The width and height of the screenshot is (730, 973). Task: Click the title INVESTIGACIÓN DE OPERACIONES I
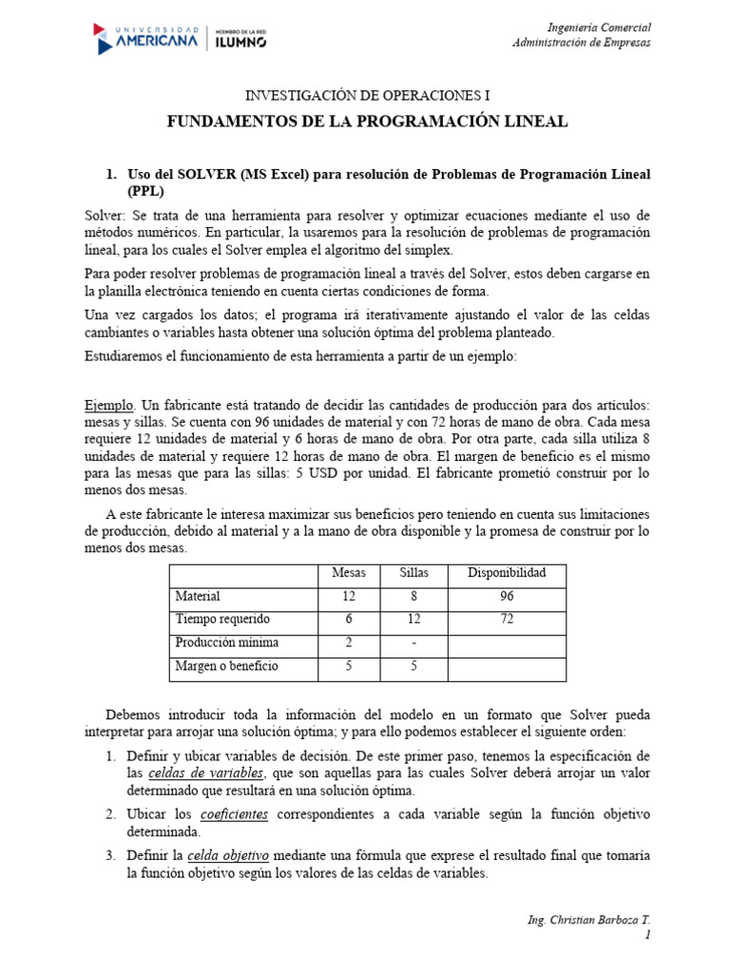(x=369, y=96)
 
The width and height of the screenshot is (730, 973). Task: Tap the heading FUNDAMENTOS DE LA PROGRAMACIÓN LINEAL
(x=368, y=122)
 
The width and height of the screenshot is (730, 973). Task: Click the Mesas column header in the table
(x=348, y=573)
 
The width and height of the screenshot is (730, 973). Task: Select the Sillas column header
(x=413, y=573)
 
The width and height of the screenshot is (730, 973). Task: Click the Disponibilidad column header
(x=506, y=573)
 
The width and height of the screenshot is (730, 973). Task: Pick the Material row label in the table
(x=198, y=597)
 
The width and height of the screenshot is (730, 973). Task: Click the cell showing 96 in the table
(x=506, y=597)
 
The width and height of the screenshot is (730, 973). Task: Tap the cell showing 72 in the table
(x=506, y=620)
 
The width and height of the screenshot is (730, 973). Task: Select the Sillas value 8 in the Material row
(x=413, y=597)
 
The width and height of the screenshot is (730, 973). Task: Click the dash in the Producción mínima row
(x=413, y=643)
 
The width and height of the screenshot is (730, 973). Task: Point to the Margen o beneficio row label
(x=226, y=666)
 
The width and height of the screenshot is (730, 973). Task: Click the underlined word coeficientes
(x=234, y=815)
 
